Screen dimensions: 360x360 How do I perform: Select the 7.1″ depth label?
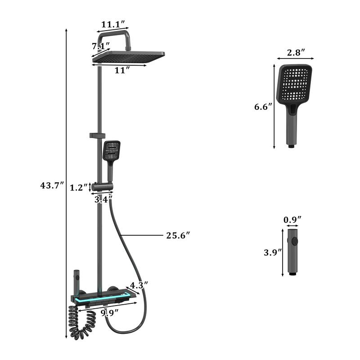point(100,46)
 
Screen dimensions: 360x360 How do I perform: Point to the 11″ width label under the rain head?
point(121,70)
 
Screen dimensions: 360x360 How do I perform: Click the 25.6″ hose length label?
point(178,234)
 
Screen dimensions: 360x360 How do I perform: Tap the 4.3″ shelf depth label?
point(138,285)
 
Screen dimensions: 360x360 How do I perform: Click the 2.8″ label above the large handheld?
point(295,52)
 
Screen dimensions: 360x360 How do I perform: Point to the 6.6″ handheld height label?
point(263,107)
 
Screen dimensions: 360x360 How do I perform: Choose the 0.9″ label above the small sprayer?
point(292,220)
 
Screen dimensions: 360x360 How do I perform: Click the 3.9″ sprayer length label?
point(272,252)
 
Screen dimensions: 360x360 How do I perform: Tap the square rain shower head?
point(128,58)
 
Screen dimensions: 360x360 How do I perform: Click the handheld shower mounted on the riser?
point(111,155)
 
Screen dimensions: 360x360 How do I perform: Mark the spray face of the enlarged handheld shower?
point(295,84)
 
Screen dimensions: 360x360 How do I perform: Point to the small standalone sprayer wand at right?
point(292,252)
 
